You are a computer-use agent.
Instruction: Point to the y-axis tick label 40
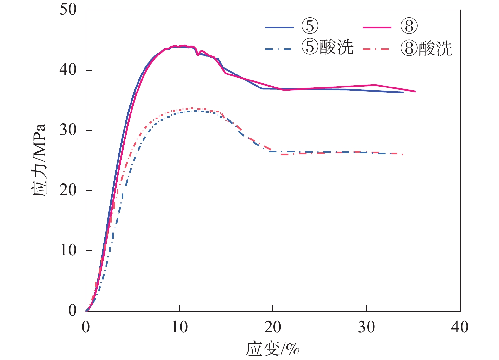[68, 70]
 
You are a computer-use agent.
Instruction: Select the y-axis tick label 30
[68, 130]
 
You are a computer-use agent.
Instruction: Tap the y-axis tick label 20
[68, 190]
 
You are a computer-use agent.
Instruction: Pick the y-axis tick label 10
[68, 250]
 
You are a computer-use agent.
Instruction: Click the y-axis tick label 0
[73, 311]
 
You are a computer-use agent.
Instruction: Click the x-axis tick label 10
[179, 327]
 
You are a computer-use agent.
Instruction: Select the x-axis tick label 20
[273, 327]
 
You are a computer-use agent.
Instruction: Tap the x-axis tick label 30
[366, 327]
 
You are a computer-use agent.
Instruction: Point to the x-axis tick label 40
[460, 327]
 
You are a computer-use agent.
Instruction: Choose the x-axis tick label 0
[86, 327]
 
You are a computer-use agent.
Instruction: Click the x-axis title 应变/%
[272, 349]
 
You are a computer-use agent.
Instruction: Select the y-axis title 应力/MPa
[39, 160]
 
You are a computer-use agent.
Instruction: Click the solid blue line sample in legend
[279, 28]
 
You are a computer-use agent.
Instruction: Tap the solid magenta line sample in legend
[377, 28]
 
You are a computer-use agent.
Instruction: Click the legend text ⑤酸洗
[327, 48]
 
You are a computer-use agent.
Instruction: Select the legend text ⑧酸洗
[426, 48]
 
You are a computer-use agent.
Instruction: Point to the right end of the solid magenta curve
[415, 91]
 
